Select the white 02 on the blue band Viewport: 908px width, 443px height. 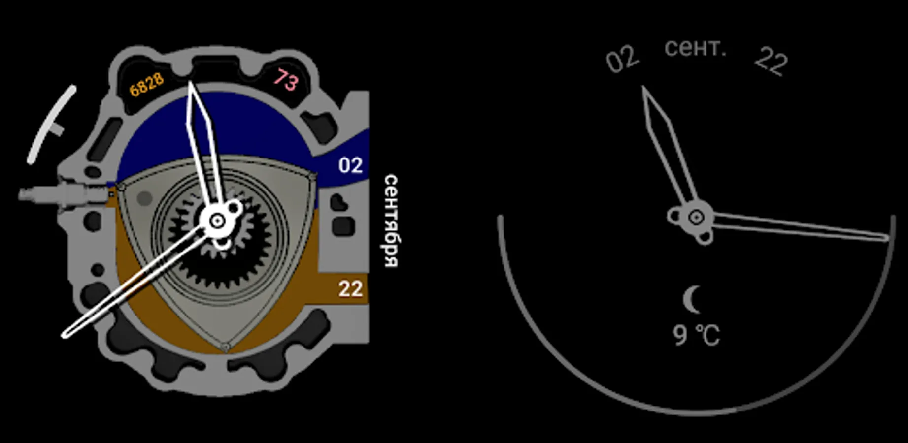350,165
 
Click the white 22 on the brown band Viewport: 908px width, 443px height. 350,289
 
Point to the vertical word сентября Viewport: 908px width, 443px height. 391,221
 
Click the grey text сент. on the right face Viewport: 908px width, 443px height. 695,48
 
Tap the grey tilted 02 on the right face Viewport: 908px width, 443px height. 622,60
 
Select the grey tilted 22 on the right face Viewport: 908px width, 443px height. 772,61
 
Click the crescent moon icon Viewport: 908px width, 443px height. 692,299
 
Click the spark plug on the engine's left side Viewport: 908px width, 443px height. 64,194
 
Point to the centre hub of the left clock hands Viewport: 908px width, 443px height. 217,221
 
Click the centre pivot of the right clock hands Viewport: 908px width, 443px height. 696,217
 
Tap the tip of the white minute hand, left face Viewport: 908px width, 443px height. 64,336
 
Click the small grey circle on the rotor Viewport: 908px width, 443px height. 144,198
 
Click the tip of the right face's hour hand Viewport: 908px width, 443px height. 643,87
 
